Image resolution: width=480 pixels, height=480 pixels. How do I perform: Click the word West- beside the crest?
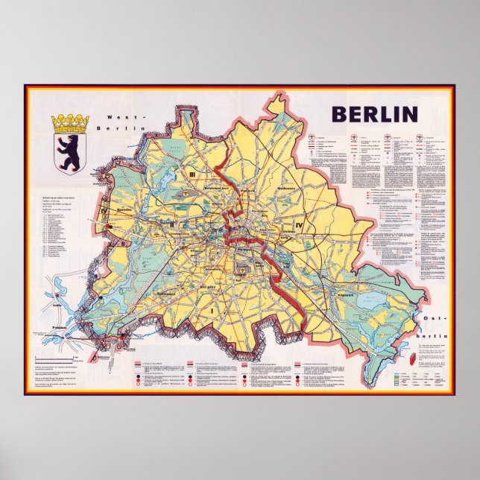pos(119,118)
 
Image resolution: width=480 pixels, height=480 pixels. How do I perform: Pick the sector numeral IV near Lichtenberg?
pos(299,224)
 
